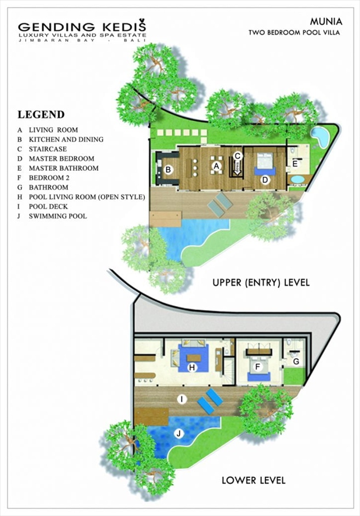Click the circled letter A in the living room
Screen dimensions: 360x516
coord(216,166)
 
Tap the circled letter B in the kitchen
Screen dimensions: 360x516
coord(168,170)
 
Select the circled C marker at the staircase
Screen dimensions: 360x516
coord(238,156)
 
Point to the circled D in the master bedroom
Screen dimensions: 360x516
coord(265,180)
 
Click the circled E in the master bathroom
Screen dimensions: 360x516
coord(295,164)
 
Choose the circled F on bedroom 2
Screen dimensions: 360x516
coord(258,367)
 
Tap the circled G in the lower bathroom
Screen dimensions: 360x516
coord(296,362)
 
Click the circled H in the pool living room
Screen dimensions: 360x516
coord(192,367)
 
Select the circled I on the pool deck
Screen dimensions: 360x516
coord(182,400)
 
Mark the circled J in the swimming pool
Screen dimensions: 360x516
coord(179,434)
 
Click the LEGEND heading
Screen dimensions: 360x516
coord(41,115)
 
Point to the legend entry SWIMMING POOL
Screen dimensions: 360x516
coord(58,216)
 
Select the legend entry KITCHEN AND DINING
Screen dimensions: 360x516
coord(66,139)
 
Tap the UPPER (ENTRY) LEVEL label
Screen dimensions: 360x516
coord(261,282)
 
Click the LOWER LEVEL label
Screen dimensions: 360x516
coord(254,480)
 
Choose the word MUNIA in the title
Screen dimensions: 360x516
coord(326,22)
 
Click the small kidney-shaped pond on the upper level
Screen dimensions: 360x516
coord(319,135)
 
